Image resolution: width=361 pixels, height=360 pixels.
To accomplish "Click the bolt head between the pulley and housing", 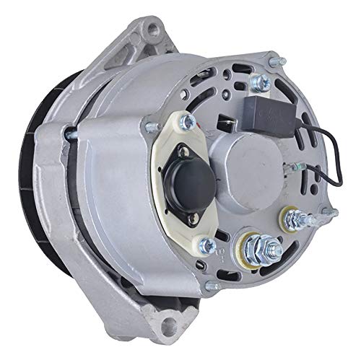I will (x=69, y=134).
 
